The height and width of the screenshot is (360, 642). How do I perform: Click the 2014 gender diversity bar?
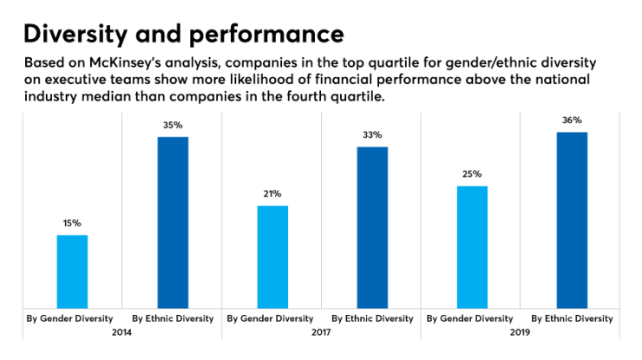pyautogui.click(x=72, y=271)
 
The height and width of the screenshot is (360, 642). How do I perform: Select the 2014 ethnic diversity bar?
pyautogui.click(x=172, y=221)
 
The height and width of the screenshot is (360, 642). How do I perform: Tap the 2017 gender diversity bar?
pyautogui.click(x=272, y=256)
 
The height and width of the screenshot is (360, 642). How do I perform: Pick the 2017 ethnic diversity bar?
pyautogui.click(x=371, y=226)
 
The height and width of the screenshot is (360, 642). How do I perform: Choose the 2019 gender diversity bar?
pyautogui.click(x=472, y=246)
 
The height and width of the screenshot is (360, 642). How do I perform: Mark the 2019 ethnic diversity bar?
pyautogui.click(x=572, y=219)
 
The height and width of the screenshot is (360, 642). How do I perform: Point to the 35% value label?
pyautogui.click(x=172, y=125)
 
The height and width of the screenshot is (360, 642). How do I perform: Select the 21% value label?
pyautogui.click(x=272, y=194)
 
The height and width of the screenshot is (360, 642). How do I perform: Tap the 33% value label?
pyautogui.click(x=371, y=135)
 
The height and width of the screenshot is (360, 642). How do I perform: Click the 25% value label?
pyautogui.click(x=472, y=174)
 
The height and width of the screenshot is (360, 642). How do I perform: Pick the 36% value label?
pyautogui.click(x=572, y=121)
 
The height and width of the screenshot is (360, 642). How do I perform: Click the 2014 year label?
pyautogui.click(x=122, y=331)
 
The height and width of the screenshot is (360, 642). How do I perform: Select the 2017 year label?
pyautogui.click(x=322, y=331)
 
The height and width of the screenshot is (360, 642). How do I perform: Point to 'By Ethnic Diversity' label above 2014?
pyautogui.click(x=172, y=318)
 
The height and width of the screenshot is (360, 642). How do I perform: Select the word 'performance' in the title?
pyautogui.click(x=262, y=35)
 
